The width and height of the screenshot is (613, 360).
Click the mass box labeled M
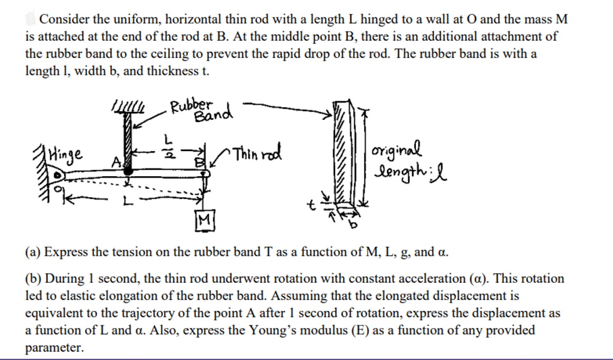click(204, 221)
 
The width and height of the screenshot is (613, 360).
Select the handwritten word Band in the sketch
click(213, 114)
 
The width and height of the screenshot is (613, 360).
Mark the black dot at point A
click(128, 171)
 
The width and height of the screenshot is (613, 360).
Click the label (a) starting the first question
click(33, 252)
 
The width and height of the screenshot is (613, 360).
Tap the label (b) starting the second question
click(34, 279)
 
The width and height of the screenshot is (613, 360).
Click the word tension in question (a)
click(132, 252)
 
